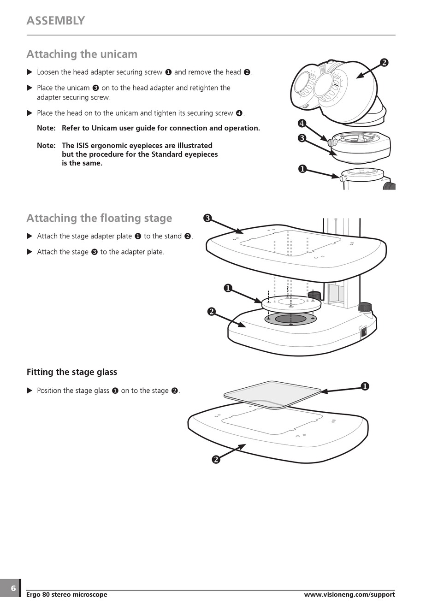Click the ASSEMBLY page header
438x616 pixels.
(x=56, y=21)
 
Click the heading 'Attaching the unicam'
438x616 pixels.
(x=82, y=54)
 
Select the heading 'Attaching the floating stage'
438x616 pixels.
(x=99, y=218)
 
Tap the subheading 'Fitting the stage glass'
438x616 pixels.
(x=72, y=372)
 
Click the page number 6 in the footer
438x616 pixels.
(x=13, y=588)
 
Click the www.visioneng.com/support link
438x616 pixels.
(x=349, y=595)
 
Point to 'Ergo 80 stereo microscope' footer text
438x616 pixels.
(x=67, y=595)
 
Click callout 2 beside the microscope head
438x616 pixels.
(x=384, y=63)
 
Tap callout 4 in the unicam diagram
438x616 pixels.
(x=302, y=123)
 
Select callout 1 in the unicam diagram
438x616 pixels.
(x=302, y=169)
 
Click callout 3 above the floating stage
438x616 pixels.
(x=207, y=218)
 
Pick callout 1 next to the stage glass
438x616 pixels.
(x=365, y=386)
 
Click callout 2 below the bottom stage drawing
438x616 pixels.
(x=216, y=459)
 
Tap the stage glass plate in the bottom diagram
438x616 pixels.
(x=272, y=394)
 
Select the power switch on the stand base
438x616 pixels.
(x=363, y=331)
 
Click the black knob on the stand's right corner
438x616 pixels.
(x=365, y=307)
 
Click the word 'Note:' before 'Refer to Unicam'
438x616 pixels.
(x=46, y=128)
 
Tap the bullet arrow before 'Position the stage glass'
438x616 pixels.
(x=30, y=391)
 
